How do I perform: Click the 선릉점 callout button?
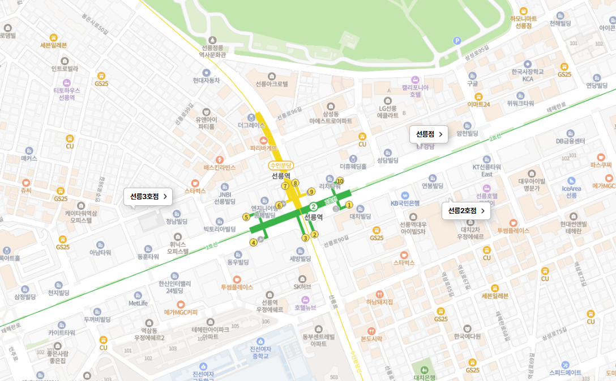click(429, 134)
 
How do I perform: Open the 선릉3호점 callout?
click(148, 197)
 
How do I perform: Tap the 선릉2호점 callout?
click(466, 211)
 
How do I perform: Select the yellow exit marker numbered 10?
click(340, 181)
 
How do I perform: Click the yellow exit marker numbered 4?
click(253, 243)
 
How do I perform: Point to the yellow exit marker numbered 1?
click(349, 205)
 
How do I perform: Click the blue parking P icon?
click(457, 40)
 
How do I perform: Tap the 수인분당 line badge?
click(281, 166)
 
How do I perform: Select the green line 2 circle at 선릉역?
click(313, 206)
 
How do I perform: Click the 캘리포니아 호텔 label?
click(415, 91)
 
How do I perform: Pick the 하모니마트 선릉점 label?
click(523, 22)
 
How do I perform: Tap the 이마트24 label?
click(478, 104)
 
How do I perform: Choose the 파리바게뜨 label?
click(263, 147)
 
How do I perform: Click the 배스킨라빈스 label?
click(220, 167)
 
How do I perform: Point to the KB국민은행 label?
click(405, 202)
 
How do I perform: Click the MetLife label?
click(138, 303)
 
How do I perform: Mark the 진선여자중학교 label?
click(258, 352)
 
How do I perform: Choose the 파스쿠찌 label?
click(601, 164)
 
